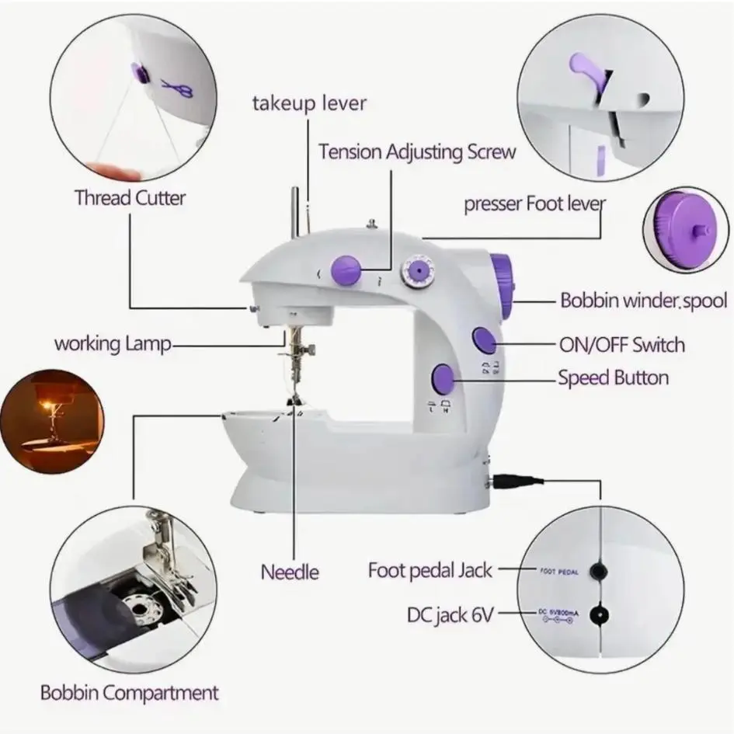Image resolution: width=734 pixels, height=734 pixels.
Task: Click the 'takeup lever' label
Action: click(x=308, y=103)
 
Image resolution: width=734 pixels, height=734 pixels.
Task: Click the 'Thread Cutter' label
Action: click(x=130, y=197)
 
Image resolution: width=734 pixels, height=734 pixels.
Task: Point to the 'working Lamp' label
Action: click(x=112, y=343)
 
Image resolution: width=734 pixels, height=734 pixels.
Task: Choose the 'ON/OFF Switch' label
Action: click(x=621, y=343)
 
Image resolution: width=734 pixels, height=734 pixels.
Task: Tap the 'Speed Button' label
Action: click(x=613, y=378)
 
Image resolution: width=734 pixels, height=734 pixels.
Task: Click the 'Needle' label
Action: click(x=290, y=572)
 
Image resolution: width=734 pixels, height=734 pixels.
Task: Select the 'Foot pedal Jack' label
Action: click(x=430, y=570)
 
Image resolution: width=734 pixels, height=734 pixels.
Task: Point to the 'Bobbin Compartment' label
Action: click(x=129, y=692)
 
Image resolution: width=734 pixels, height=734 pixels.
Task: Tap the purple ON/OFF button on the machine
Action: click(x=485, y=339)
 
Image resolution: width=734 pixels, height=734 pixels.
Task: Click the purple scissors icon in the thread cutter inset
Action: click(x=178, y=89)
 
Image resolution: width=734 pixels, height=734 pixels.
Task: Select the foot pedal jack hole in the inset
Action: click(x=597, y=572)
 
